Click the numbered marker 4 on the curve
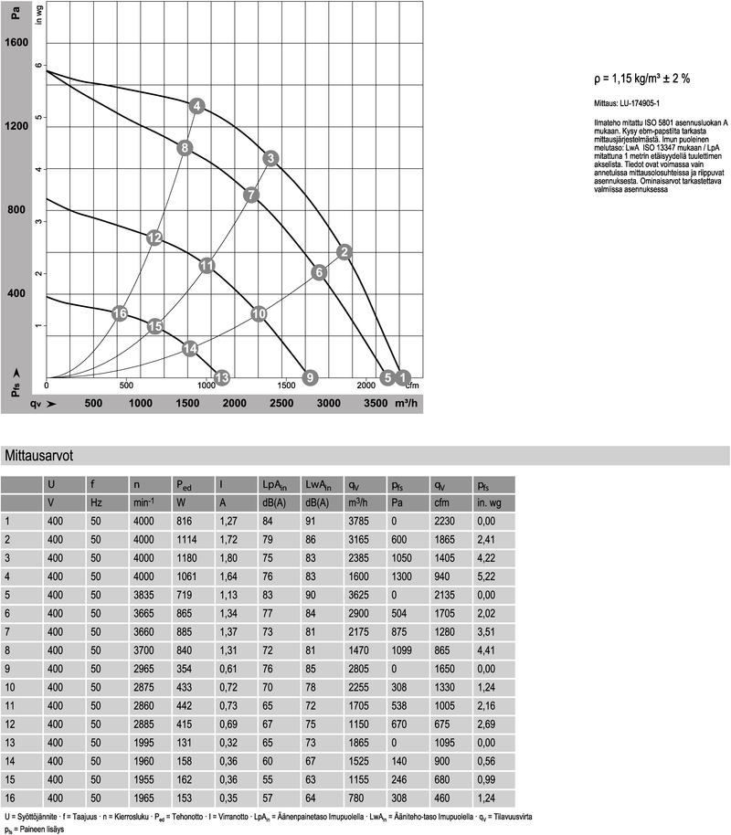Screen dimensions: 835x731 pos(196,107)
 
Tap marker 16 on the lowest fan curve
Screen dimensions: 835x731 pos(119,313)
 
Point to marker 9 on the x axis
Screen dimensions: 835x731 pos(310,376)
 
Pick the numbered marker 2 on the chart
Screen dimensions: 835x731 pos(344,251)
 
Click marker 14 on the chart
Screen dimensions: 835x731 pos(190,348)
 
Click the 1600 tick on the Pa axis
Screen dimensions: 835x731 pos(17,43)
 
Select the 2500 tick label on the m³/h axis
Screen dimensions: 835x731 pos(281,403)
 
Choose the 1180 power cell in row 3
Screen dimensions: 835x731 pos(188,557)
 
